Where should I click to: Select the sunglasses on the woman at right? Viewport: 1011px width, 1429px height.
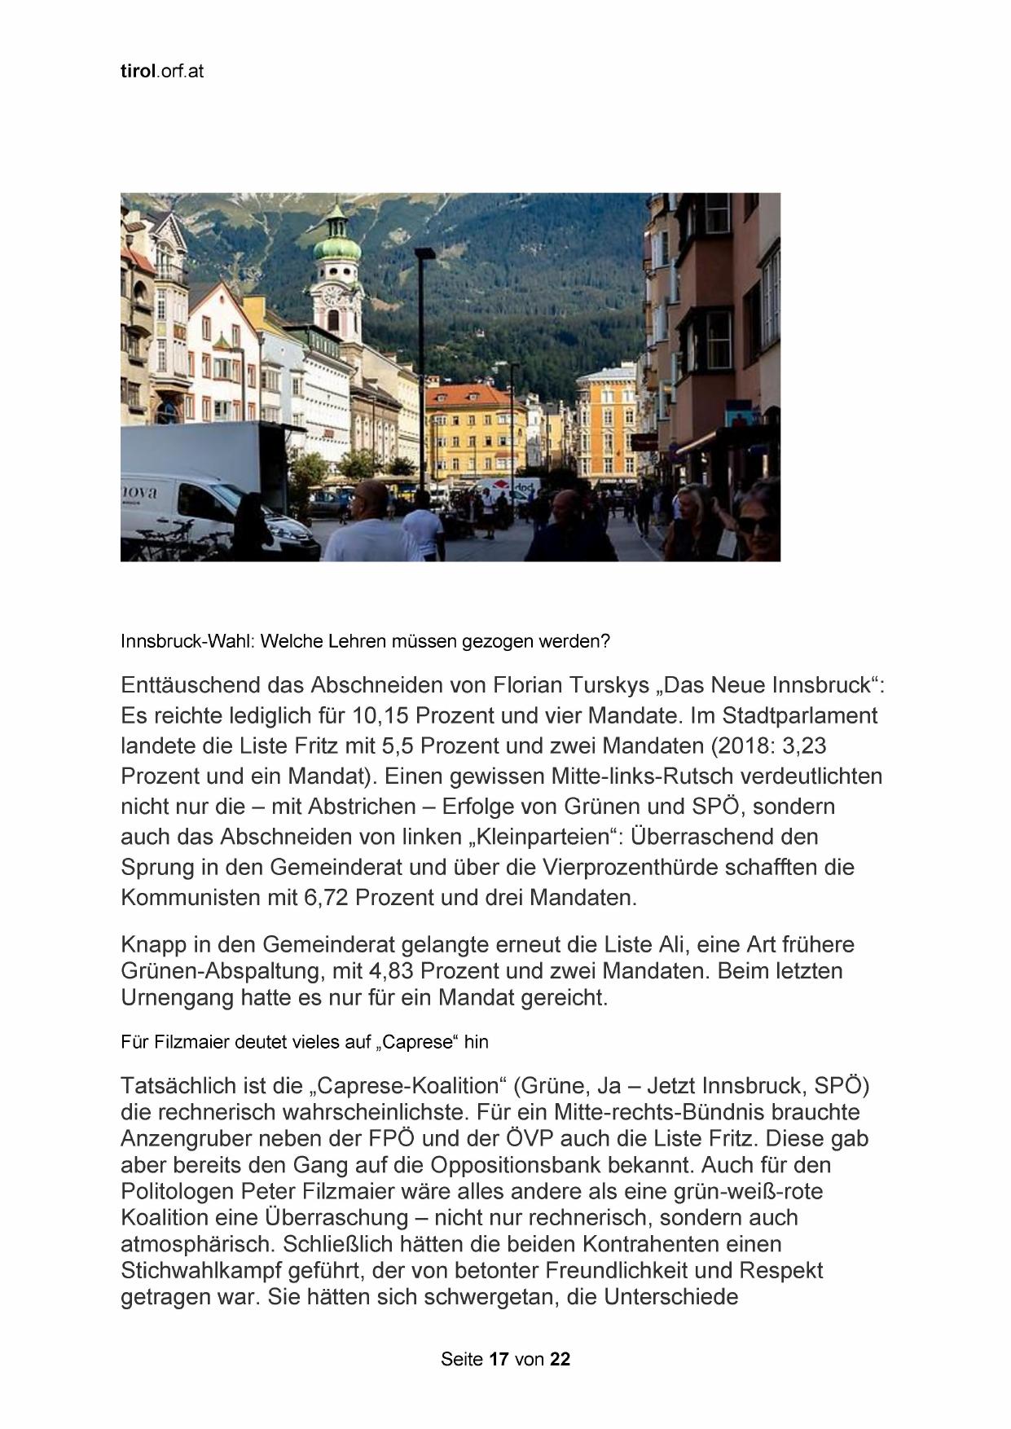pyautogui.click(x=755, y=524)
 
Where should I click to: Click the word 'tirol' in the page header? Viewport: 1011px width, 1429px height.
pyautogui.click(x=137, y=72)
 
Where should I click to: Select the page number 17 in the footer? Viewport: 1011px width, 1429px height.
pyautogui.click(x=499, y=1359)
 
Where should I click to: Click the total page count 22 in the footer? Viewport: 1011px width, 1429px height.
pyautogui.click(x=560, y=1359)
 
